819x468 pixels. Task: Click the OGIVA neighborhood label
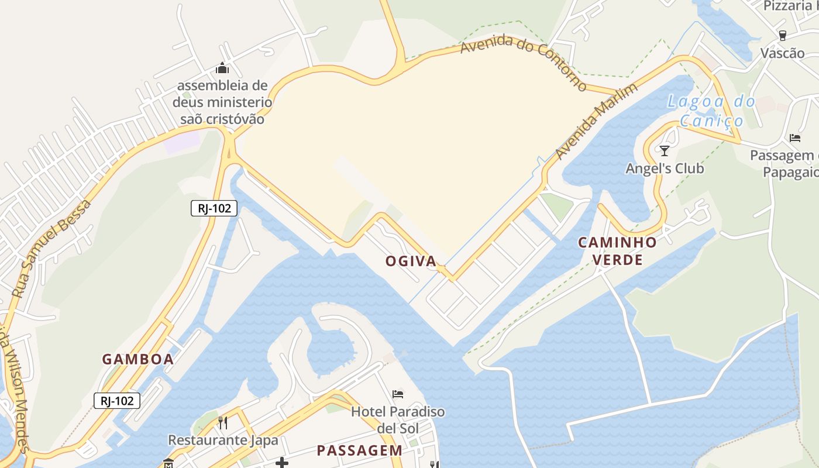tap(411, 261)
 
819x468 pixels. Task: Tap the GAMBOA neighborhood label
tap(138, 359)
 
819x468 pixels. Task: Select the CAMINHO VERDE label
tap(618, 251)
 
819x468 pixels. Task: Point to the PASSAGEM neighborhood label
tap(359, 450)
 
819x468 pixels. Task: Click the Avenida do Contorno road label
tap(524, 61)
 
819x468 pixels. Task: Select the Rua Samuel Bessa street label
tap(51, 248)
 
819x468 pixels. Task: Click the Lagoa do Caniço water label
tap(711, 111)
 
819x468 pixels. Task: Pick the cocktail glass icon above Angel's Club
tap(665, 150)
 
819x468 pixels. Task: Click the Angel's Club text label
tap(665, 168)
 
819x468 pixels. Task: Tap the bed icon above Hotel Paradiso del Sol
tap(398, 394)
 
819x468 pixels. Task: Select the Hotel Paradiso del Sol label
tap(398, 419)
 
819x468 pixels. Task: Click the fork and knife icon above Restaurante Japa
tap(223, 422)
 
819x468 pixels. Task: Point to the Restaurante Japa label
tap(223, 440)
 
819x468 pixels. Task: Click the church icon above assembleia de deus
tap(222, 68)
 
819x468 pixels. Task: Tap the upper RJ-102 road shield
tap(214, 208)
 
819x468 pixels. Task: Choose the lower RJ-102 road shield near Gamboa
tap(117, 401)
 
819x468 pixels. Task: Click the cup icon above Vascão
tap(783, 35)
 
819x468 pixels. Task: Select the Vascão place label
tap(782, 53)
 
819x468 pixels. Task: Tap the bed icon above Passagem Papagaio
tap(794, 138)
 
